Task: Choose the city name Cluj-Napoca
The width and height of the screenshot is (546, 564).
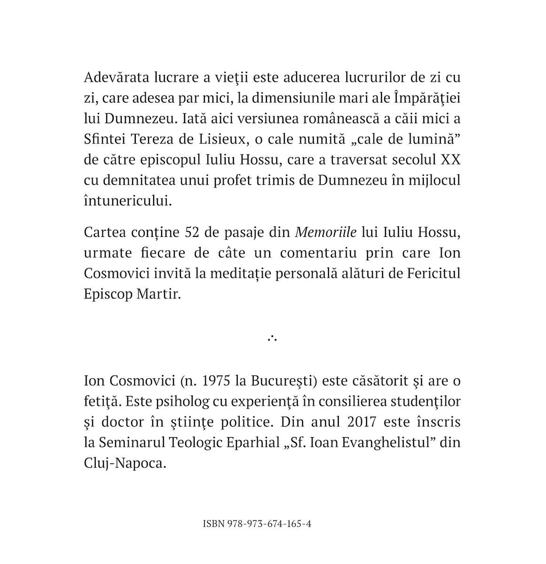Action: point(125,462)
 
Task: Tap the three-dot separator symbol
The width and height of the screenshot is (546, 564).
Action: point(273,337)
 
